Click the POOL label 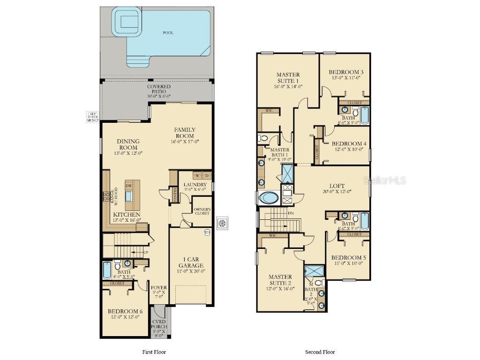(168, 33)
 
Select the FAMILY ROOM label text (185, 133)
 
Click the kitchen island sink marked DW (128, 195)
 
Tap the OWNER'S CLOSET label (202, 211)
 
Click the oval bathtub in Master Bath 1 (268, 197)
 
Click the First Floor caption (154, 352)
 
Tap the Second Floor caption (320, 352)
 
